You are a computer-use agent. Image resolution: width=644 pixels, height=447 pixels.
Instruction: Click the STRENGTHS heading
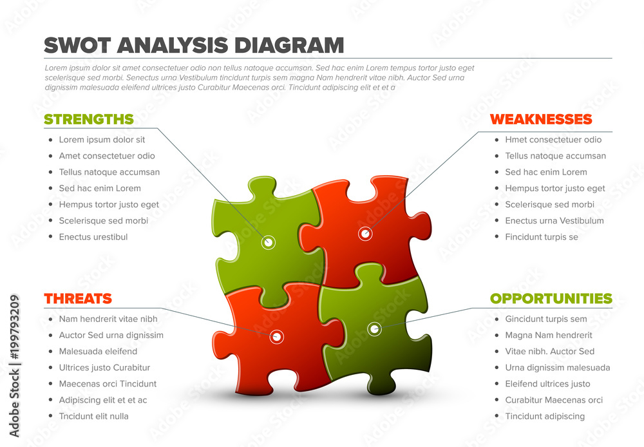click(89, 119)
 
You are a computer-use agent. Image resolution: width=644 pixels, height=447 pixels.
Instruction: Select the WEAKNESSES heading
click(541, 119)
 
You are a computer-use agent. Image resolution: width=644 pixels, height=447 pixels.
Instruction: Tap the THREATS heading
click(78, 299)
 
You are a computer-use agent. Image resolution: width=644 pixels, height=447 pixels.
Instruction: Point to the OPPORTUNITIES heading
click(551, 299)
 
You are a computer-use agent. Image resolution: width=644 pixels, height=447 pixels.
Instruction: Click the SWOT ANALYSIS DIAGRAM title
click(194, 45)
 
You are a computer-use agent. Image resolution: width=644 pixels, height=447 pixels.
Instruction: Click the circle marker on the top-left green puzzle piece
click(269, 242)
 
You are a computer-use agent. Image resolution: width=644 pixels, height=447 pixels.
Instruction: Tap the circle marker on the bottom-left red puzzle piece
click(277, 336)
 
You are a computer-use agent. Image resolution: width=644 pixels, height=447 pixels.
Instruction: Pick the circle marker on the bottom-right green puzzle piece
click(374, 329)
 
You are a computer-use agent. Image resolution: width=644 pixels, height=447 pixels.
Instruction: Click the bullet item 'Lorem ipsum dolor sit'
click(102, 140)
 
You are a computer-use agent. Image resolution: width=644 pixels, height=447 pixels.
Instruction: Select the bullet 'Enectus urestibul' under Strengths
click(93, 237)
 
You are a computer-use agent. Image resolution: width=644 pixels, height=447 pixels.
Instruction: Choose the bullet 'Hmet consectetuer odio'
click(553, 140)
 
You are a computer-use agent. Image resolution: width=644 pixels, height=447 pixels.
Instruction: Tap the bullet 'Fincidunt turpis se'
click(542, 237)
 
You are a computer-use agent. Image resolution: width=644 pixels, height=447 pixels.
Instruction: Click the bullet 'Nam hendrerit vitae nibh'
click(108, 319)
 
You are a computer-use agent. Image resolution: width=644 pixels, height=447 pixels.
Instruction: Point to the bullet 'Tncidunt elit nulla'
click(94, 416)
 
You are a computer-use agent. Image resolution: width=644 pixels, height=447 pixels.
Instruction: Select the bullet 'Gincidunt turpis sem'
click(546, 319)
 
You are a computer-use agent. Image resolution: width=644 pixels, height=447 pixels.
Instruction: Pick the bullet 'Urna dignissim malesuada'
click(558, 368)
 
